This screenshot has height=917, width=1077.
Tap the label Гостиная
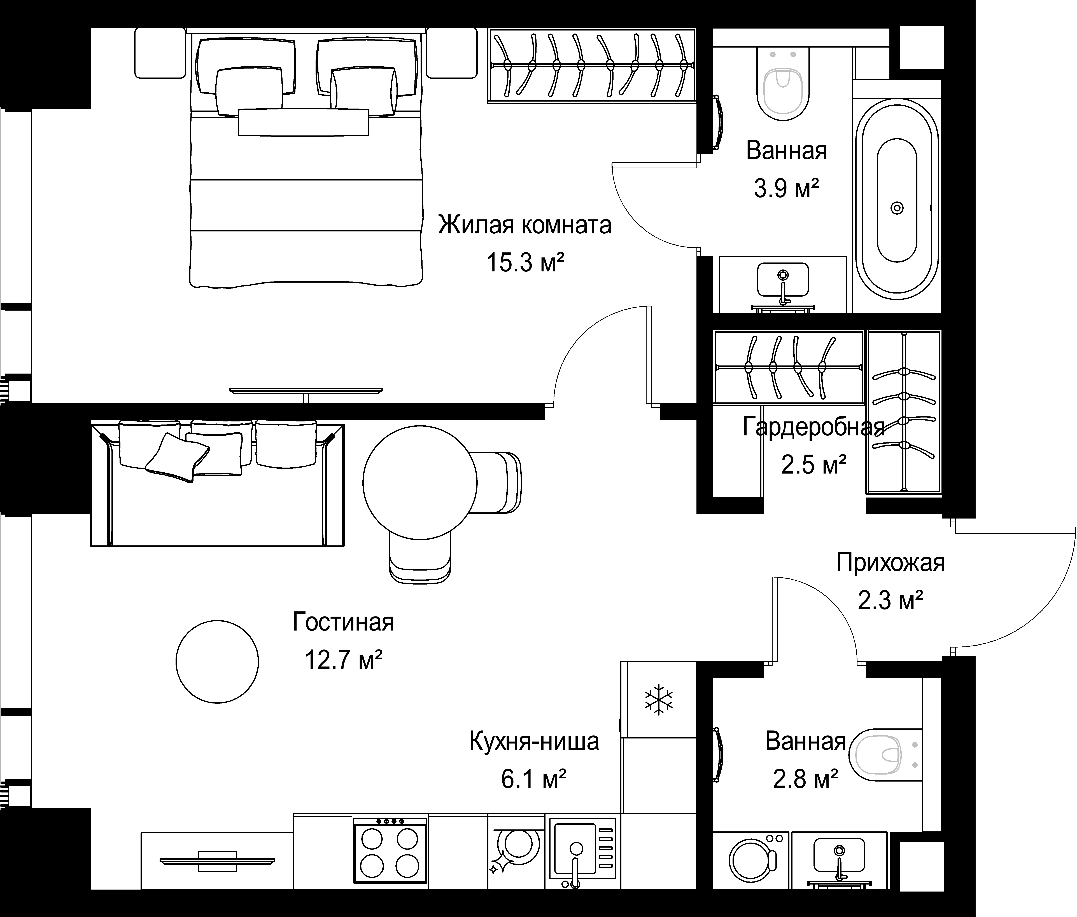pyautogui.click(x=343, y=622)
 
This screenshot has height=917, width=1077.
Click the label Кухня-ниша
pyautogui.click(x=534, y=741)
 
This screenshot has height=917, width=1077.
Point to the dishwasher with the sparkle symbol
pyautogui.click(x=517, y=855)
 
